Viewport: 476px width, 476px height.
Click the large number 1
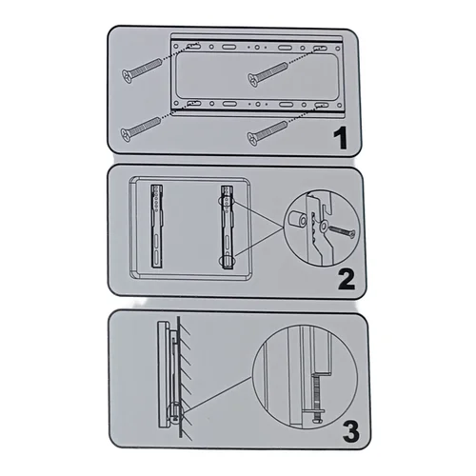point(341,139)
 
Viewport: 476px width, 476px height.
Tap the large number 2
point(346,279)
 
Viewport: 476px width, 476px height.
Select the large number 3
point(351,431)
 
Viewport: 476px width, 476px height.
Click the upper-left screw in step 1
point(143,70)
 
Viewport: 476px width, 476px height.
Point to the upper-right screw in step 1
point(268,74)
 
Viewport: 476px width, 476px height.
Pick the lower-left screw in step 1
point(141,129)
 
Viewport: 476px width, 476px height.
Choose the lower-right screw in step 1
point(268,133)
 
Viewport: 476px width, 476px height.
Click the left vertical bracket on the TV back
point(157,227)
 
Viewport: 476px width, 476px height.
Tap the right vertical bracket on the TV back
point(228,228)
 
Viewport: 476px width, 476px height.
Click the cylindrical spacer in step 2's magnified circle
point(297,220)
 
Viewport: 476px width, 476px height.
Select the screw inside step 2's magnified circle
point(343,231)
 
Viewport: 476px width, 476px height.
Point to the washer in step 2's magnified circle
point(324,226)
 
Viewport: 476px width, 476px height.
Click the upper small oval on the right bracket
point(227,202)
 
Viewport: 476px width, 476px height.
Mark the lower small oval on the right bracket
point(226,261)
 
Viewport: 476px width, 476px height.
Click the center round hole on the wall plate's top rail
point(257,48)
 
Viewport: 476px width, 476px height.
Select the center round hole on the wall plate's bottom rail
point(258,104)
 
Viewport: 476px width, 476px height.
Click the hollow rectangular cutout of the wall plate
point(257,75)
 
